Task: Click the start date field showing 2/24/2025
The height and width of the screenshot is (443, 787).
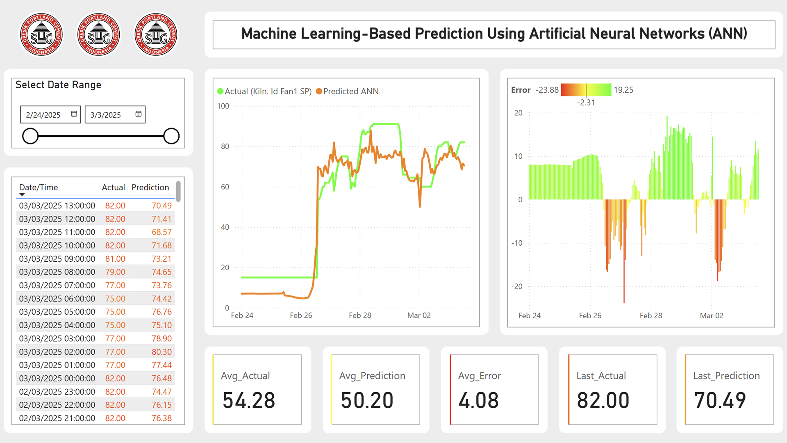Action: pos(43,115)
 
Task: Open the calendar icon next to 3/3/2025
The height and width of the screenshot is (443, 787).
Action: pos(139,114)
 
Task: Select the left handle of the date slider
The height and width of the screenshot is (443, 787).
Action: pos(30,136)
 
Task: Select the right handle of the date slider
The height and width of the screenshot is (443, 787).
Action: pos(171,136)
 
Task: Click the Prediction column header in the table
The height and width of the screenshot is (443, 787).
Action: pos(150,187)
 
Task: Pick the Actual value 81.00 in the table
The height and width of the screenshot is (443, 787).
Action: pos(115,259)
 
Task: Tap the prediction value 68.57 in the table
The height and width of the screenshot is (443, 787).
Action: pos(161,232)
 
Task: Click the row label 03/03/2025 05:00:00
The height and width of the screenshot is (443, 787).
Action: pos(57,312)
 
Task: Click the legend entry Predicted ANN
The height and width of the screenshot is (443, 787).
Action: pos(350,91)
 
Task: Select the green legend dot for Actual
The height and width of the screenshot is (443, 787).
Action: pos(221,91)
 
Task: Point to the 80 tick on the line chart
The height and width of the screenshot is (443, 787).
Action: pos(225,146)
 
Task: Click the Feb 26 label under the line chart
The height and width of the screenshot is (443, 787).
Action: pos(301,315)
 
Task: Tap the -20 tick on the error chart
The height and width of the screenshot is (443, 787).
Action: pos(517,286)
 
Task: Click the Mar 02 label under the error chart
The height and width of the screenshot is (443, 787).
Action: pos(711,316)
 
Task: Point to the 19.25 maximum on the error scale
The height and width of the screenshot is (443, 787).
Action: pos(623,90)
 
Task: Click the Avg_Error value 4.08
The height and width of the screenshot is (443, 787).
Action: pos(478,400)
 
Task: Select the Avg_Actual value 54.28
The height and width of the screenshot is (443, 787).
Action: pos(249,400)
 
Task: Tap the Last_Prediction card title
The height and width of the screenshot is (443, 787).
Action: pos(726,376)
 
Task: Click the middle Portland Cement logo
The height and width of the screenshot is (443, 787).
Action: pos(98,34)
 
